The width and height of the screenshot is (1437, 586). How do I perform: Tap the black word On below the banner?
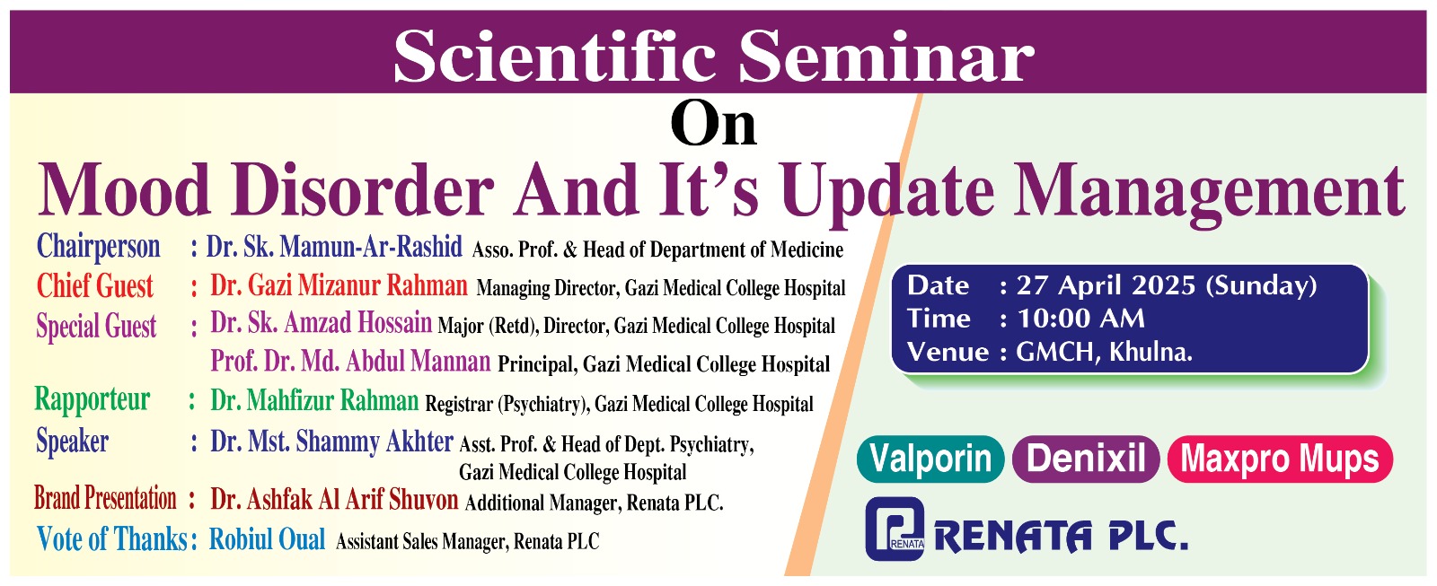coord(714,124)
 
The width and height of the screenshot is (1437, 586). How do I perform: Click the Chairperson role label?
coord(98,246)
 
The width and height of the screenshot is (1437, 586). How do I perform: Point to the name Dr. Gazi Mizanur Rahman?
coord(339,285)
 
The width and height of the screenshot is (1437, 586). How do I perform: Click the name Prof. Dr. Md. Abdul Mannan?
coord(350,362)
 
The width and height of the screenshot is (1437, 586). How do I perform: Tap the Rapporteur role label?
coord(92,399)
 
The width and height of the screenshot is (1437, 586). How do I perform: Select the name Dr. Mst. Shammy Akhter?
coord(331,442)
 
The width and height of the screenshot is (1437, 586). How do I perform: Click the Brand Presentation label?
coord(105,498)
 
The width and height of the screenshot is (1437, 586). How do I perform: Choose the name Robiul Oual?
coord(267,539)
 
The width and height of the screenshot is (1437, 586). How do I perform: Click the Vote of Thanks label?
coord(112,539)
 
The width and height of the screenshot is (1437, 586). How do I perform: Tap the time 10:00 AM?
coord(1080,319)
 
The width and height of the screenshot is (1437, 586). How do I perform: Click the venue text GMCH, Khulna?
coord(1104,352)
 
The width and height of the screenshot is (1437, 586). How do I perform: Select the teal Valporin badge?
coord(930,459)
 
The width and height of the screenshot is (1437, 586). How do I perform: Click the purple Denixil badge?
coord(1086,459)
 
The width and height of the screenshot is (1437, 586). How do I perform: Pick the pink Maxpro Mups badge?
coord(1279,459)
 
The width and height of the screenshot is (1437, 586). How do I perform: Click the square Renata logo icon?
coord(895,529)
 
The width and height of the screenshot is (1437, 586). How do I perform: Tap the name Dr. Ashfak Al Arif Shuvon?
coord(334,500)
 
